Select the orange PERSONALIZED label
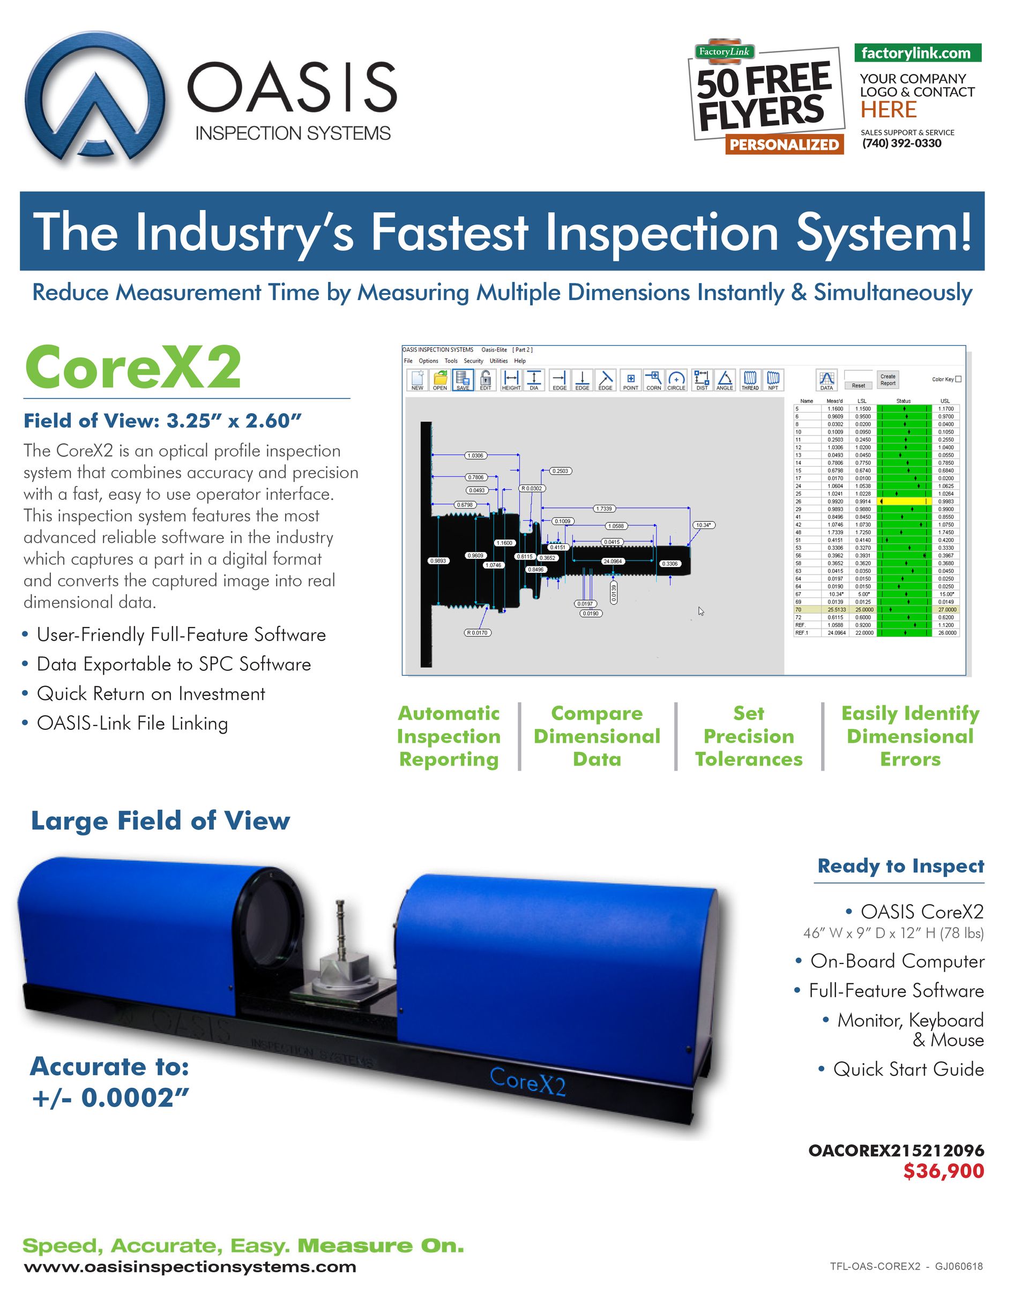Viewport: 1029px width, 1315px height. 783,145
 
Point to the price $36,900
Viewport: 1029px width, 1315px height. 943,1170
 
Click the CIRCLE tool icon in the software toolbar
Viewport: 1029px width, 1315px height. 676,380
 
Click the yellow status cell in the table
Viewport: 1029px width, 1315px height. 904,501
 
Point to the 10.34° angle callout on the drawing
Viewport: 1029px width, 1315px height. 703,525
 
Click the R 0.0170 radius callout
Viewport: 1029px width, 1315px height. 477,632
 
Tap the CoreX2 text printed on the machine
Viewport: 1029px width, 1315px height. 527,1081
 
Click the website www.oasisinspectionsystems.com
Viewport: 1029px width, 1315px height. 190,1267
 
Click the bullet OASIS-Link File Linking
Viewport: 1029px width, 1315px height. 132,723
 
